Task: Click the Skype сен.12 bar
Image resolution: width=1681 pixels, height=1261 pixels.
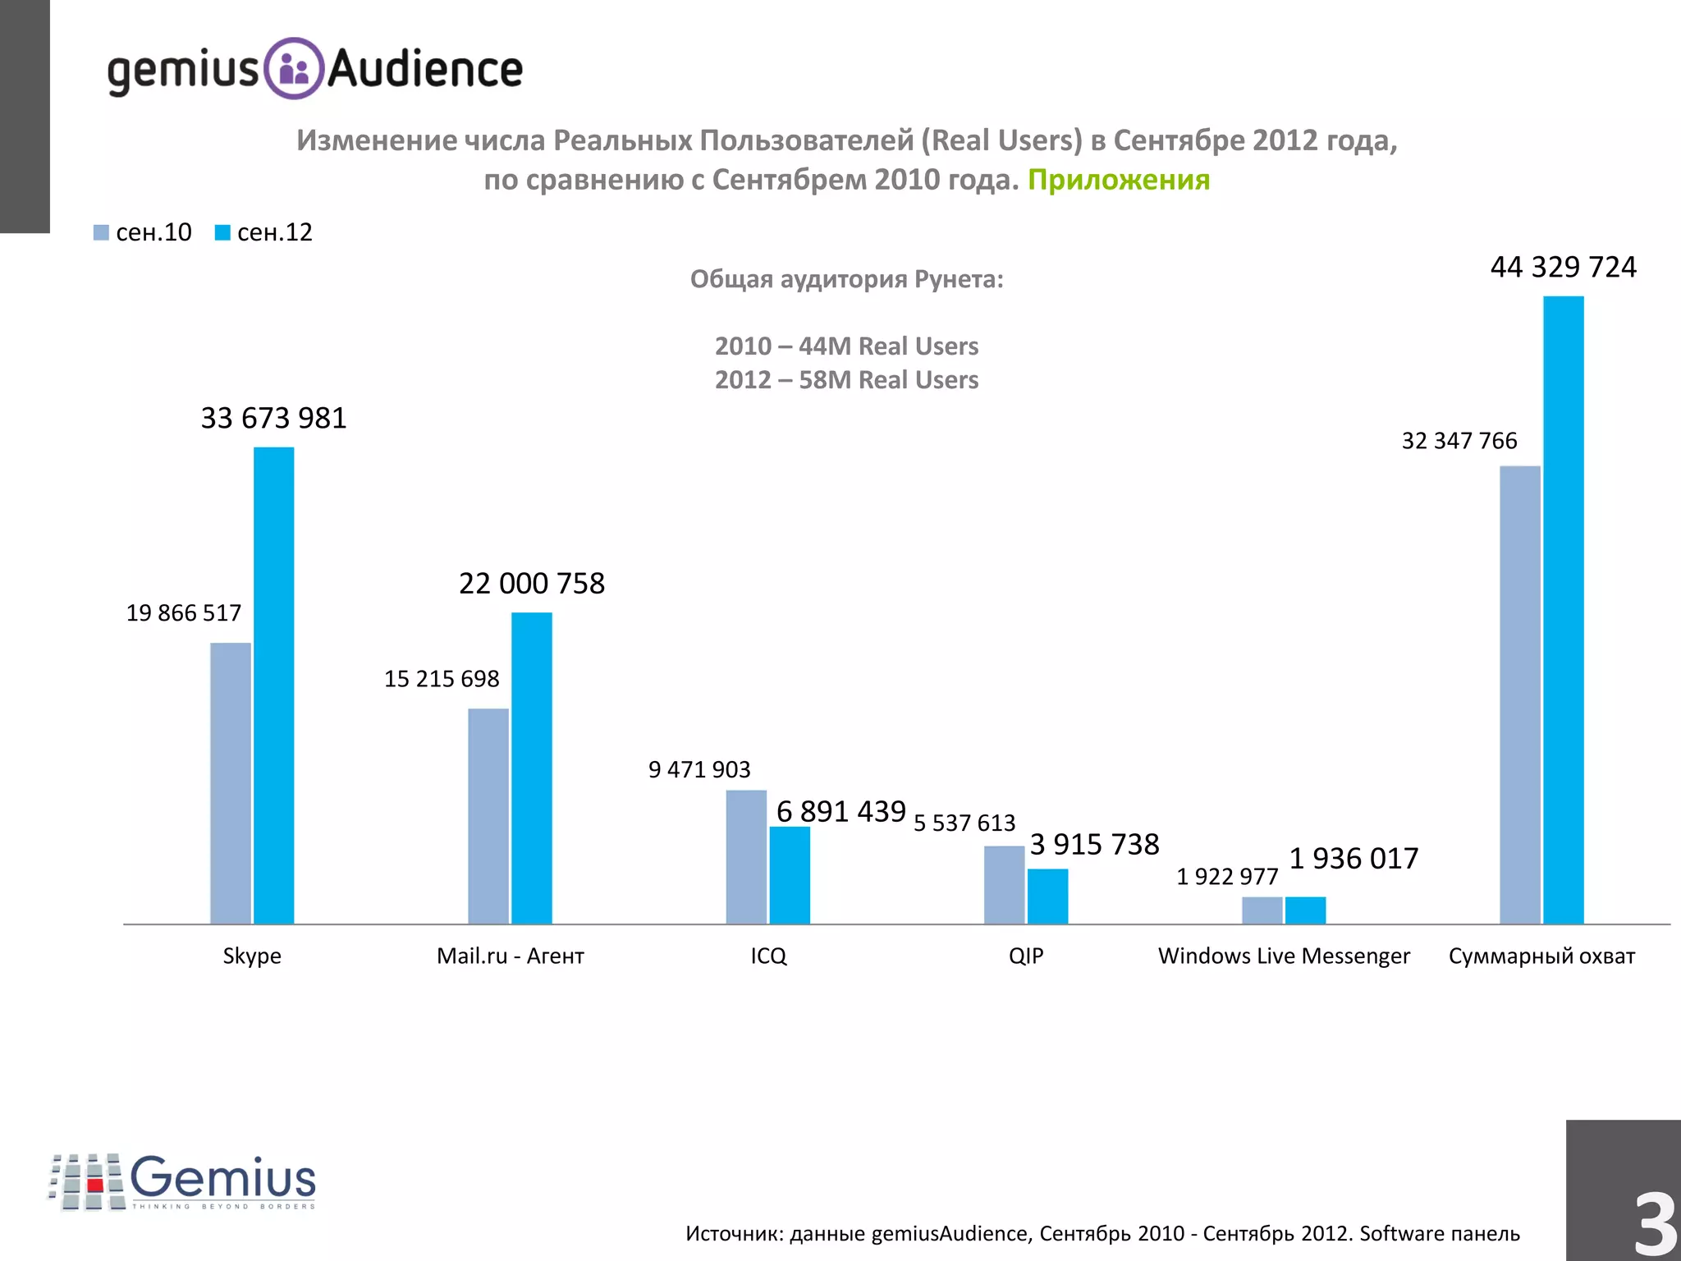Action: pos(273,686)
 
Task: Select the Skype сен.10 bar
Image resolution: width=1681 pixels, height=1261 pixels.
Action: pos(230,783)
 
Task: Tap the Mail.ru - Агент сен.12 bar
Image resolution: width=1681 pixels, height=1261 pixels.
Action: pos(531,768)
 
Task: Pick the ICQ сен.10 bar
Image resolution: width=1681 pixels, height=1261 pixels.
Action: pos(745,857)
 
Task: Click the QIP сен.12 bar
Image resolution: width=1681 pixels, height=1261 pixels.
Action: pos(1047,896)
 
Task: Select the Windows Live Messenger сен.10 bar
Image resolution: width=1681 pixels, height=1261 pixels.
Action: pos(1262,910)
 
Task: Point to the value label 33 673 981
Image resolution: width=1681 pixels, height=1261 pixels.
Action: pos(273,419)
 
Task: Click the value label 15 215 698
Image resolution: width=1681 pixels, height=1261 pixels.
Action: pos(442,679)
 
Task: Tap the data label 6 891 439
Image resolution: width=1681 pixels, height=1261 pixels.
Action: pos(840,812)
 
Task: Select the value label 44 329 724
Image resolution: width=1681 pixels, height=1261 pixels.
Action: pos(1563,268)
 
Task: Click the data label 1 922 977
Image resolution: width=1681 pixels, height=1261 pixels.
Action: pos(1227,877)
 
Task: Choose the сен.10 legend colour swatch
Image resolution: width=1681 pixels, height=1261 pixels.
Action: pos(101,233)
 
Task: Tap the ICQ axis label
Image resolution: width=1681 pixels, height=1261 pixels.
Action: pos(768,956)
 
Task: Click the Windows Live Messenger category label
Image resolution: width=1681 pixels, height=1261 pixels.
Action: pos(1284,956)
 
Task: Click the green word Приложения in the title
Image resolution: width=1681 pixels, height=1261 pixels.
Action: pos(1118,180)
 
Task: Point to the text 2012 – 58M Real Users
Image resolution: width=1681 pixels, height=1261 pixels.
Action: pos(846,380)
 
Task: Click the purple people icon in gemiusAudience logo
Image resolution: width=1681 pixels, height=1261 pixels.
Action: pos(294,69)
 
